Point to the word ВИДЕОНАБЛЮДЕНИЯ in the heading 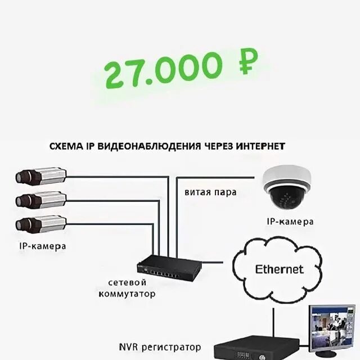pyautogui.click(x=150, y=146)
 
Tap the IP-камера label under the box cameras pyautogui.click(x=42, y=246)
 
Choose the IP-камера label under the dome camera pyautogui.click(x=290, y=222)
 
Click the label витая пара pyautogui.click(x=210, y=192)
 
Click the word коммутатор pyautogui.click(x=127, y=294)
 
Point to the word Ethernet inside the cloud pyautogui.click(x=279, y=269)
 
